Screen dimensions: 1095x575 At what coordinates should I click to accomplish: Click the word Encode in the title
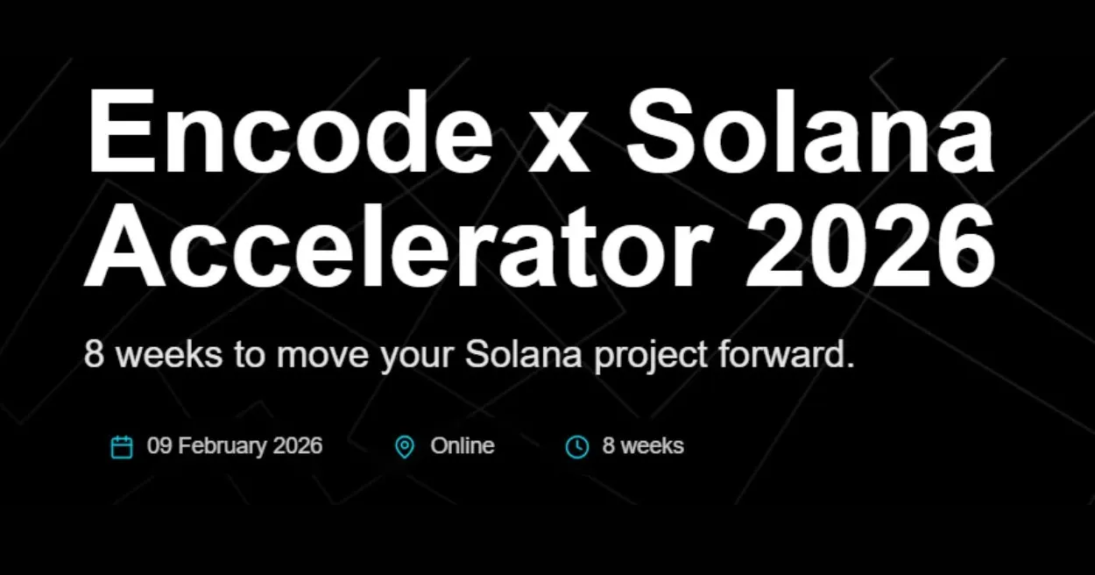(289, 131)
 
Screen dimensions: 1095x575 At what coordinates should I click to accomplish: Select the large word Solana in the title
(810, 131)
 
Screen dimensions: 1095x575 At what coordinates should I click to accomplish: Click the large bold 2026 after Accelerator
(870, 246)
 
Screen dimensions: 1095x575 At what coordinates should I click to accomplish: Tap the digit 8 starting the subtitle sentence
(94, 353)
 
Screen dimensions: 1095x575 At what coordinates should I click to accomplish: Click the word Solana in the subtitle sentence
(524, 353)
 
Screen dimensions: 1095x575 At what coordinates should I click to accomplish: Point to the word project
(651, 356)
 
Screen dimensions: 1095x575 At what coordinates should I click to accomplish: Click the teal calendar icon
(122, 447)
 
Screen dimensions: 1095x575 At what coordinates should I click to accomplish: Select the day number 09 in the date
(159, 446)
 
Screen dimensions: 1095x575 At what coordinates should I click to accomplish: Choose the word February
(223, 447)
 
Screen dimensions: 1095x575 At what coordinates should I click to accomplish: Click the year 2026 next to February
(298, 446)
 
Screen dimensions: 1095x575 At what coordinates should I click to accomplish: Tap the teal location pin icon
(404, 447)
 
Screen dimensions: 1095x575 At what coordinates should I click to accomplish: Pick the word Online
(463, 446)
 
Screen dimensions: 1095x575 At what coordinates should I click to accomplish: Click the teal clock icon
(577, 447)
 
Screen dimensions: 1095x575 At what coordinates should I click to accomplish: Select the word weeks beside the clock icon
(652, 446)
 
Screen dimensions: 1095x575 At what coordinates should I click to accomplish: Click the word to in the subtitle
(250, 354)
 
